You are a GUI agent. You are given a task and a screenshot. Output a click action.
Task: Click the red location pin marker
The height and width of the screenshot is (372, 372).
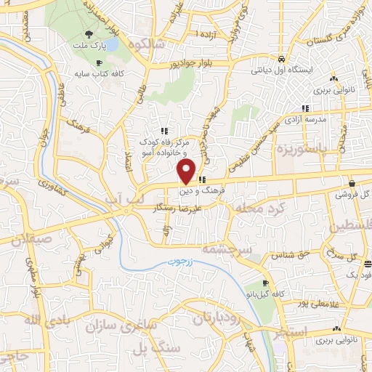pos(187,171)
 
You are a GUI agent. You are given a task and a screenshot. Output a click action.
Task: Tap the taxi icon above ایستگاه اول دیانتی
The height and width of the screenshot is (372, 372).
pos(282,60)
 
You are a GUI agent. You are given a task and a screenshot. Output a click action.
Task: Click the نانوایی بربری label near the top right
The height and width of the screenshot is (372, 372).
pos(333,92)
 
